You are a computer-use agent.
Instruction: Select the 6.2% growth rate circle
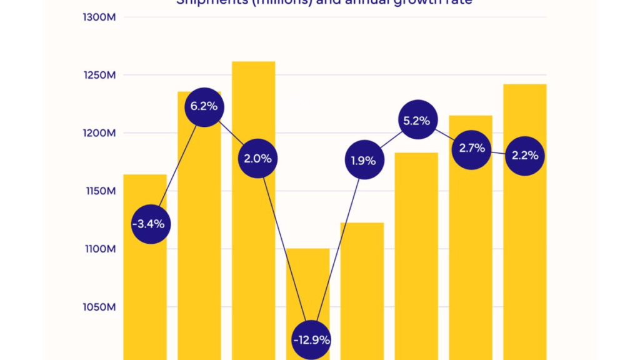coord(204,106)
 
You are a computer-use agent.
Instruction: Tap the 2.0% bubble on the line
coord(257,159)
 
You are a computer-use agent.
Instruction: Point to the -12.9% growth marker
coord(311,340)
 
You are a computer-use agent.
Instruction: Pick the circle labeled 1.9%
coord(363,161)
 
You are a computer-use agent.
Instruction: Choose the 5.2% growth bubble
coord(417,121)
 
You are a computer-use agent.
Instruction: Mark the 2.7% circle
coord(471,148)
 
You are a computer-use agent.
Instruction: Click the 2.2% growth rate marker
coord(525,156)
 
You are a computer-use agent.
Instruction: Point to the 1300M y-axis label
coord(99,17)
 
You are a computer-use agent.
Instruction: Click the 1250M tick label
coord(99,75)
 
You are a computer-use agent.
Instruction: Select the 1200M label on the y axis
coord(99,133)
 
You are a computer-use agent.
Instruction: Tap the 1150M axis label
coord(99,191)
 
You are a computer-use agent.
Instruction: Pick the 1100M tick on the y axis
coord(99,249)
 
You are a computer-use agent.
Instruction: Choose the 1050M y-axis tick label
coord(99,307)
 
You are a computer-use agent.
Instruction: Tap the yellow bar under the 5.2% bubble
coord(416,250)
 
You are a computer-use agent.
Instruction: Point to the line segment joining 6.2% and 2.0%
coord(231,132)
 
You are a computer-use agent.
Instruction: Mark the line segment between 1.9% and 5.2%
coord(390,141)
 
